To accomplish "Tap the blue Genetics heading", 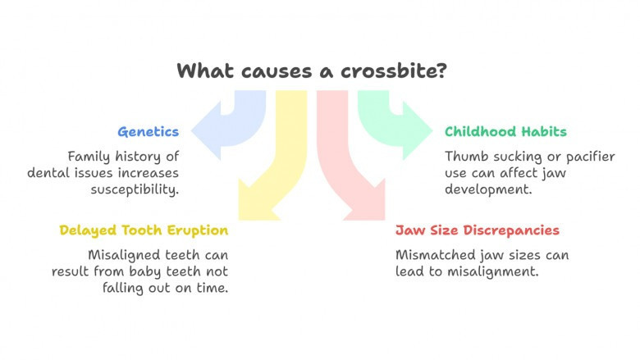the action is (149, 132).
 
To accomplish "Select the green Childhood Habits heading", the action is (505, 131).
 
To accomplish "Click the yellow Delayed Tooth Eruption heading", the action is (144, 230).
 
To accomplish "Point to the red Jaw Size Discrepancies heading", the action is (478, 230).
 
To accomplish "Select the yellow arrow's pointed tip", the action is (240, 219).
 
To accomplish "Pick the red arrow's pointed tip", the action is (384, 219).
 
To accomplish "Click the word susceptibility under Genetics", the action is (135, 189).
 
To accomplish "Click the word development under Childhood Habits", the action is (488, 189).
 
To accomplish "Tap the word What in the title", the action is (206, 71).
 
